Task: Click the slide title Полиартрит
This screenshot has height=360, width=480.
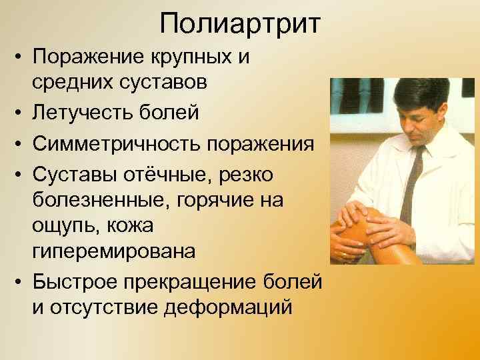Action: [x=240, y=25]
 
